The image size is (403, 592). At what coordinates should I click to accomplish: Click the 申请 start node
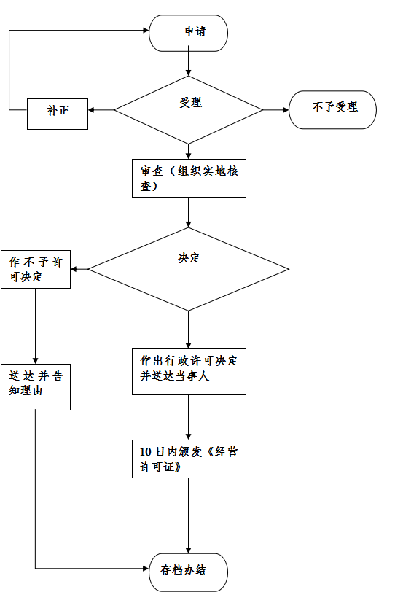tap(188, 33)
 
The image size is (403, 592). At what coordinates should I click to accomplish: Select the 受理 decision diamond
tap(188, 110)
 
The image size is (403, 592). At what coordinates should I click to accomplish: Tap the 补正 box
tap(58, 114)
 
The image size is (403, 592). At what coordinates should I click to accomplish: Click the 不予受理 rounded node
tap(332, 110)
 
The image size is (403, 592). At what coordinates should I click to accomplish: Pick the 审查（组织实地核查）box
tap(189, 178)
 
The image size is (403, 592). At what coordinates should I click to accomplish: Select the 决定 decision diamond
tap(188, 269)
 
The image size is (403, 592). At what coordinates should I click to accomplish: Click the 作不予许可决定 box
tap(36, 269)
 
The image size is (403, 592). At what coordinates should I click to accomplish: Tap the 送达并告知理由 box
tap(36, 387)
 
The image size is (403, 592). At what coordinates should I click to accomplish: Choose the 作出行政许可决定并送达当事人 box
tap(189, 372)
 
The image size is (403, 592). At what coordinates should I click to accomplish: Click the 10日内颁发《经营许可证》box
tap(189, 459)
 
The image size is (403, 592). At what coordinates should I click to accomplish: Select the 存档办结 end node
tap(188, 572)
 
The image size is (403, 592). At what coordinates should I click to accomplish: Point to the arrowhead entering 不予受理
tap(286, 110)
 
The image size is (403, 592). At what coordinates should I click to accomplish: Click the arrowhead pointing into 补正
tap(91, 110)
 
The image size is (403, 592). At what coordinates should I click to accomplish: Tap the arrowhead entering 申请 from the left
tap(146, 30)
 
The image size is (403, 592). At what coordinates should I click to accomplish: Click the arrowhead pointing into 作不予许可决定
tap(74, 269)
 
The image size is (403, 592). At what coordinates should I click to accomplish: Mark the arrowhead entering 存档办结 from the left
tap(146, 568)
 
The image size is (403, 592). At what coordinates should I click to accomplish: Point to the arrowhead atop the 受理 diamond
tap(188, 73)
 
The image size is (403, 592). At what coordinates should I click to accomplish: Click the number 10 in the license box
tap(145, 451)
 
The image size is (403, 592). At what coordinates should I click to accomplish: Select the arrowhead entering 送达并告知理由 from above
tap(36, 361)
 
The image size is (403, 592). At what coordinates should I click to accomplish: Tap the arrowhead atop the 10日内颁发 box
tap(188, 437)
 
